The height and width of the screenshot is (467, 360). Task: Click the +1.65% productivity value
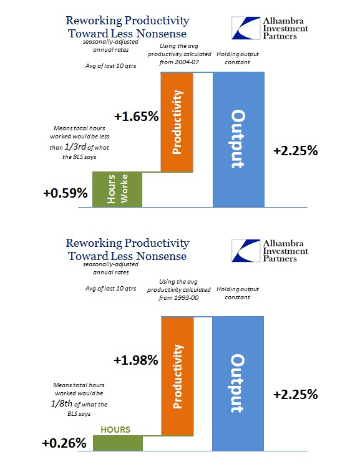(x=137, y=117)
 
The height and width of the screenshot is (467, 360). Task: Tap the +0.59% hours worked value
(x=66, y=193)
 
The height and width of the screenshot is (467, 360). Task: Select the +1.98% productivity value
(x=136, y=360)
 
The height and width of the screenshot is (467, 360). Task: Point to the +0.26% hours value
(x=64, y=443)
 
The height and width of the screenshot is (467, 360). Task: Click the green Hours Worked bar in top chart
(x=117, y=190)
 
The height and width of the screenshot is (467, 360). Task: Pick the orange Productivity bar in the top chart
(x=177, y=122)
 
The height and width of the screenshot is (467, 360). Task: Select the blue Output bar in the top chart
(x=238, y=140)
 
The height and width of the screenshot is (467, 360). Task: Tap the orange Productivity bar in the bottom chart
(x=177, y=376)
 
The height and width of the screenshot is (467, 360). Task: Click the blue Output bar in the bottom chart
(x=238, y=383)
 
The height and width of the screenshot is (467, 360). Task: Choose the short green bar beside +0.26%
(x=118, y=443)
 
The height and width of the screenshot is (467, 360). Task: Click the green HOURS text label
(x=115, y=430)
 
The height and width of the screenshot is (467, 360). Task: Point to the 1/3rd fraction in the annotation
(x=75, y=147)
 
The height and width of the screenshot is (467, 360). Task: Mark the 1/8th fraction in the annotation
(x=61, y=403)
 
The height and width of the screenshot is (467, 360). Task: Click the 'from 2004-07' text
(x=179, y=62)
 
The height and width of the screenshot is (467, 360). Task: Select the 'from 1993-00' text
(x=178, y=298)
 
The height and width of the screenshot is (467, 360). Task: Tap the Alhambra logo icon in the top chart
(x=246, y=28)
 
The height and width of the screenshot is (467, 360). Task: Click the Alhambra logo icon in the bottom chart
(x=246, y=251)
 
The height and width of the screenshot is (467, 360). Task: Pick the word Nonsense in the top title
(x=161, y=34)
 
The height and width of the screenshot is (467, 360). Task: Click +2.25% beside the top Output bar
(x=296, y=151)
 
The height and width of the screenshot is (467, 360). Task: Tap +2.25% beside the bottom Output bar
(x=296, y=395)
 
